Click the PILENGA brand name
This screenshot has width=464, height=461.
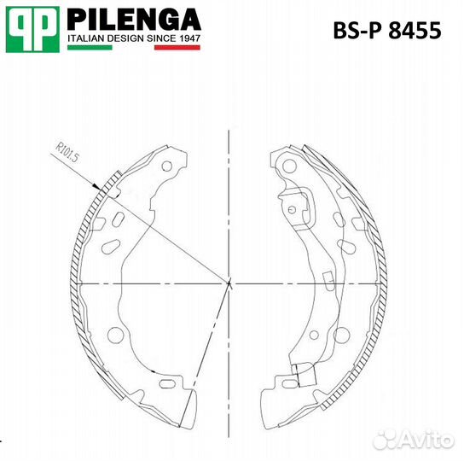[x=133, y=20]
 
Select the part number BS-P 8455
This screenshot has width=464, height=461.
[x=386, y=32]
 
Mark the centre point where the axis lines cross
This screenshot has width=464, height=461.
[x=229, y=283]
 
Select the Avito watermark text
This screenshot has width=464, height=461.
[x=424, y=438]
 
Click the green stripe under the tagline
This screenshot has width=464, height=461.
[x=89, y=48]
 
